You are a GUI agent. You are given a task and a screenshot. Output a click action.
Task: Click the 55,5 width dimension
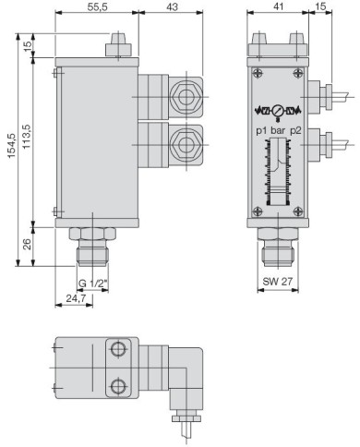click(x=97, y=6)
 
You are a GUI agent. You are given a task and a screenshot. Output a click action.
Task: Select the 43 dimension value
click(x=172, y=6)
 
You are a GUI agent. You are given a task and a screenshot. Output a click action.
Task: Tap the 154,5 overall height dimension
click(x=11, y=146)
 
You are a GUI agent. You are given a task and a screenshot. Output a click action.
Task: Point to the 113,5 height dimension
click(x=27, y=137)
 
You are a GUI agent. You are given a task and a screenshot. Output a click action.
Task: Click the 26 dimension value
click(x=27, y=244)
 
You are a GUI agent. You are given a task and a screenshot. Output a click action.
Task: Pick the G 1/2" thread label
click(x=92, y=284)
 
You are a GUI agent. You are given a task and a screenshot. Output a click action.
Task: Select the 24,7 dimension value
click(x=76, y=298)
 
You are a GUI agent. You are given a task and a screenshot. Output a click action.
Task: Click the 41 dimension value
click(x=278, y=6)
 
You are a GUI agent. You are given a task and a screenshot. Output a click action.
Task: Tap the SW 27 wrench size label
click(x=277, y=281)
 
